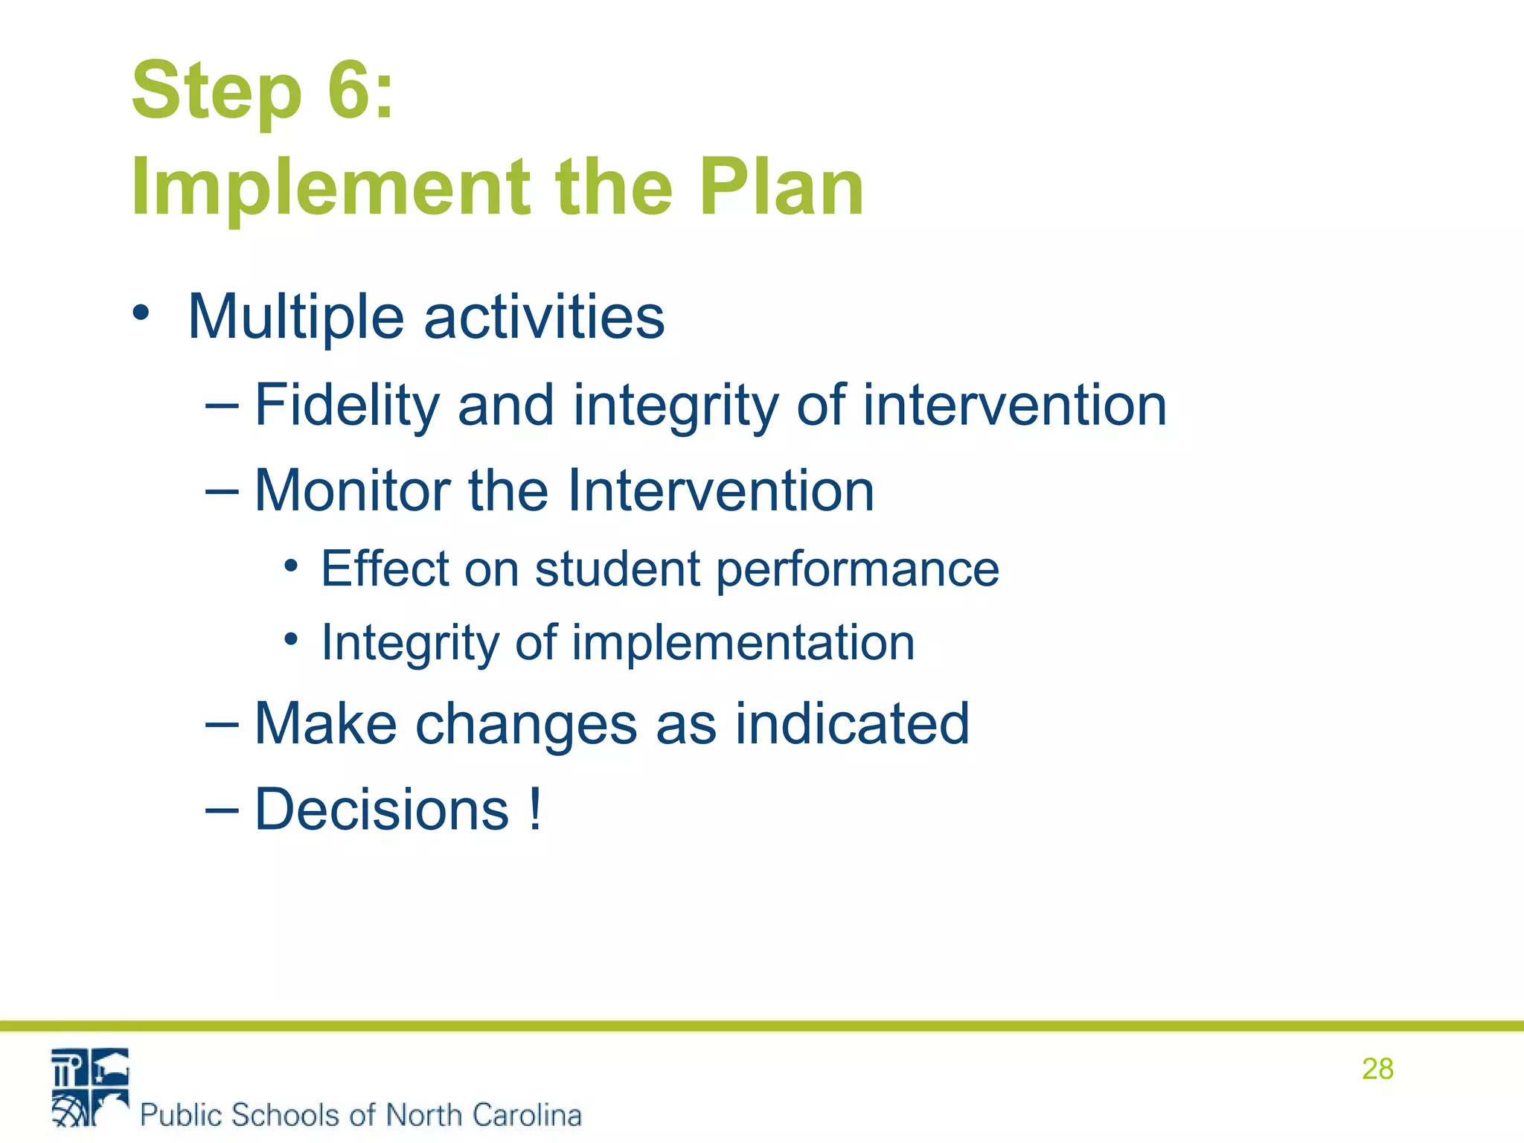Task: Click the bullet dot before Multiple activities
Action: click(141, 313)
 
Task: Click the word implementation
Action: click(742, 643)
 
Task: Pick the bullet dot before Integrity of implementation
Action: click(291, 639)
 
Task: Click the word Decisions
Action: click(382, 810)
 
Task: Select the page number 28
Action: click(1377, 1069)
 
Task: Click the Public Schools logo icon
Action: click(90, 1087)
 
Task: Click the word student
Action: click(617, 569)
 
